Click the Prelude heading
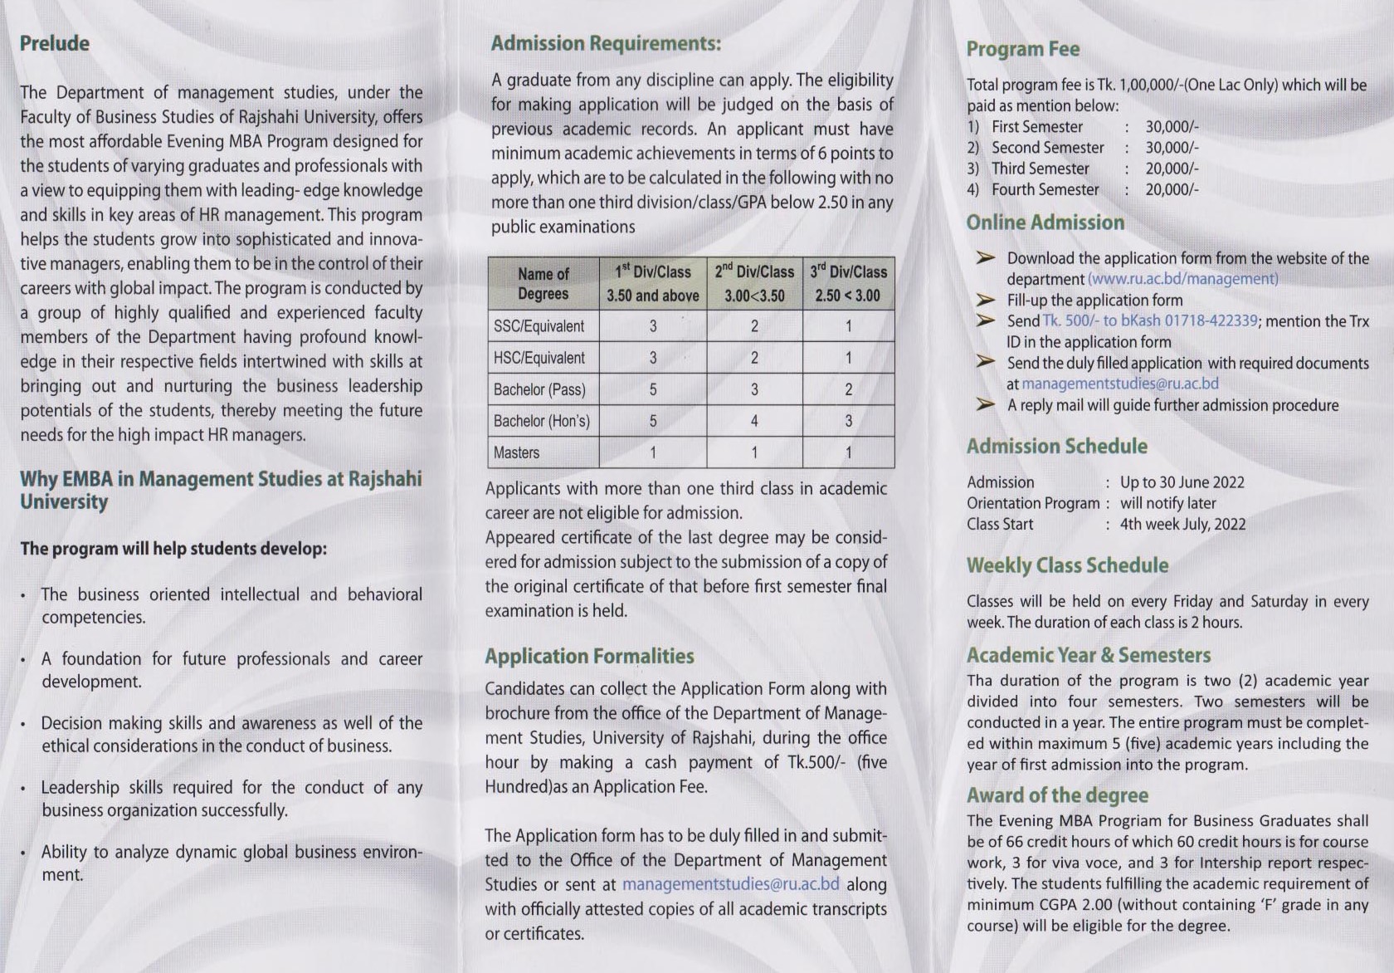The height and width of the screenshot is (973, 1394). [x=55, y=44]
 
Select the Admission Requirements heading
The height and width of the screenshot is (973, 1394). [x=606, y=44]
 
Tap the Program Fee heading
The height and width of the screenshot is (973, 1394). [x=1023, y=49]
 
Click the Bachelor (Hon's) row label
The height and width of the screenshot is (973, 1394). [x=541, y=421]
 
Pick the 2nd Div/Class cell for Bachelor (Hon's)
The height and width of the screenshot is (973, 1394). [x=754, y=421]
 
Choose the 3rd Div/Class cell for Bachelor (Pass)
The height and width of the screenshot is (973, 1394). [x=848, y=389]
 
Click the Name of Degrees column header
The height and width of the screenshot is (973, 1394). [x=543, y=284]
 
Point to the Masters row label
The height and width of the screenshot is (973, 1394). [x=516, y=452]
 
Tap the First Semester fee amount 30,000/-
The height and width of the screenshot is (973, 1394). [x=1172, y=127]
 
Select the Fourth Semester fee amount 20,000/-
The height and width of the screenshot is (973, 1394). [x=1172, y=190]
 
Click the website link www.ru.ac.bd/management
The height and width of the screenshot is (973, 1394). [x=1182, y=280]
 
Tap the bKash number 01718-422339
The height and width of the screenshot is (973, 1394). [x=1211, y=321]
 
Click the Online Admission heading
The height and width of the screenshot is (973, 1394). [x=1045, y=222]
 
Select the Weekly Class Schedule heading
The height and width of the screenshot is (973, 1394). [x=1067, y=565]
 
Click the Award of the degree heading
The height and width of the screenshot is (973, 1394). [x=1057, y=795]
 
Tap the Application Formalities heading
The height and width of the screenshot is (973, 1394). [x=589, y=657]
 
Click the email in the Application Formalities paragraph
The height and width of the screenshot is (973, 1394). [x=730, y=885]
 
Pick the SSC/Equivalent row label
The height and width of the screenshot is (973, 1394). [x=539, y=326]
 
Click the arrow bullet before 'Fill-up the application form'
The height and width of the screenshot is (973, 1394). [x=985, y=301]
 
